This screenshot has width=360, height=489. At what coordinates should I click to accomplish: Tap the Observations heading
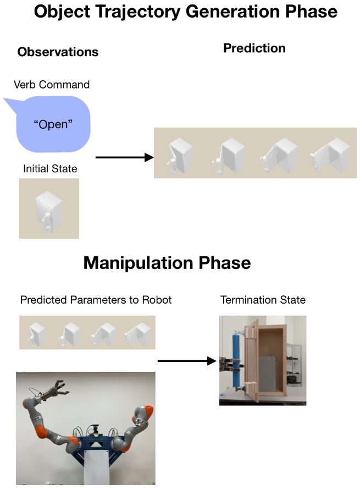point(58,52)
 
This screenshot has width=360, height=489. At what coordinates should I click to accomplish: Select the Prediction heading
point(254,48)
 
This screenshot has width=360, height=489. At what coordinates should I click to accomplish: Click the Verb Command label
point(52,85)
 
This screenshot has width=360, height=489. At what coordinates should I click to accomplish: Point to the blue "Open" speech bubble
point(53,124)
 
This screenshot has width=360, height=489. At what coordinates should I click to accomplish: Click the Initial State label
point(50,169)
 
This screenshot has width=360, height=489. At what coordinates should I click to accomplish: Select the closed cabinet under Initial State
point(48,210)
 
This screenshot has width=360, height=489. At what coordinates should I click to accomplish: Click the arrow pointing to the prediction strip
point(124,158)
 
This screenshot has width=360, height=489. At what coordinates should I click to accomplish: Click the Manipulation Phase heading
point(167,263)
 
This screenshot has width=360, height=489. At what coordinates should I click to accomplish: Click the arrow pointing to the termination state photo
point(186,361)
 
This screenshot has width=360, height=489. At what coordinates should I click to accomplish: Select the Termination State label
point(263,300)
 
